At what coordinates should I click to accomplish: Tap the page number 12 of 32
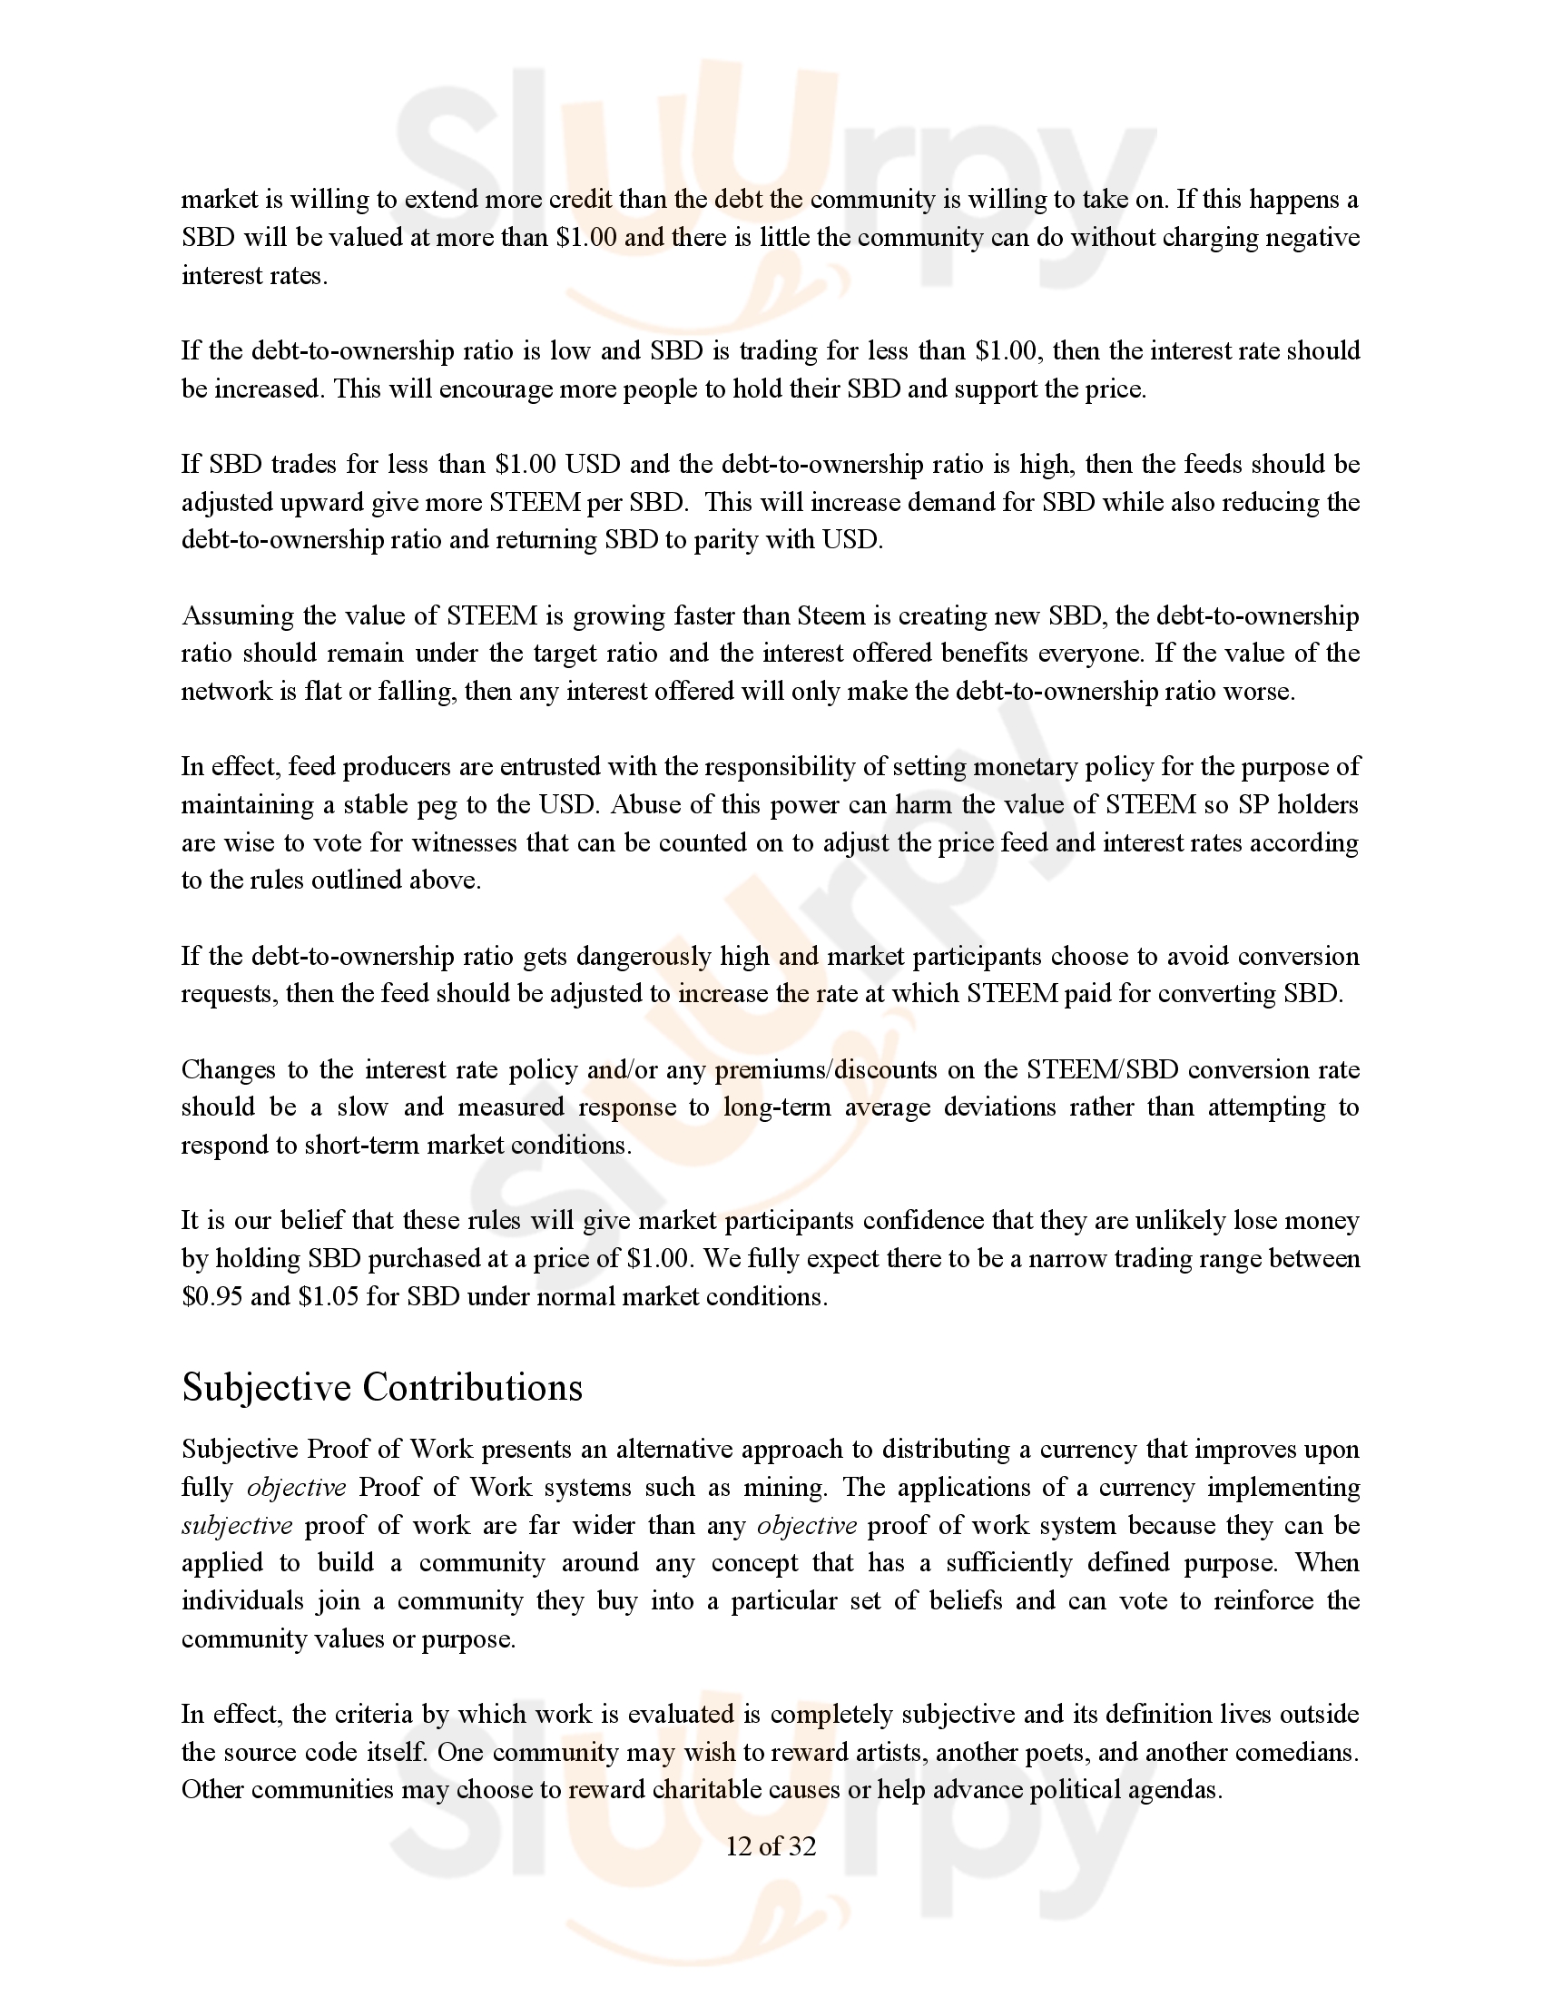point(771,1846)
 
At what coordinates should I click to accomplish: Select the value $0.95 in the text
point(212,1296)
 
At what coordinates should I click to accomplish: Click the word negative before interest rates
point(1312,238)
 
